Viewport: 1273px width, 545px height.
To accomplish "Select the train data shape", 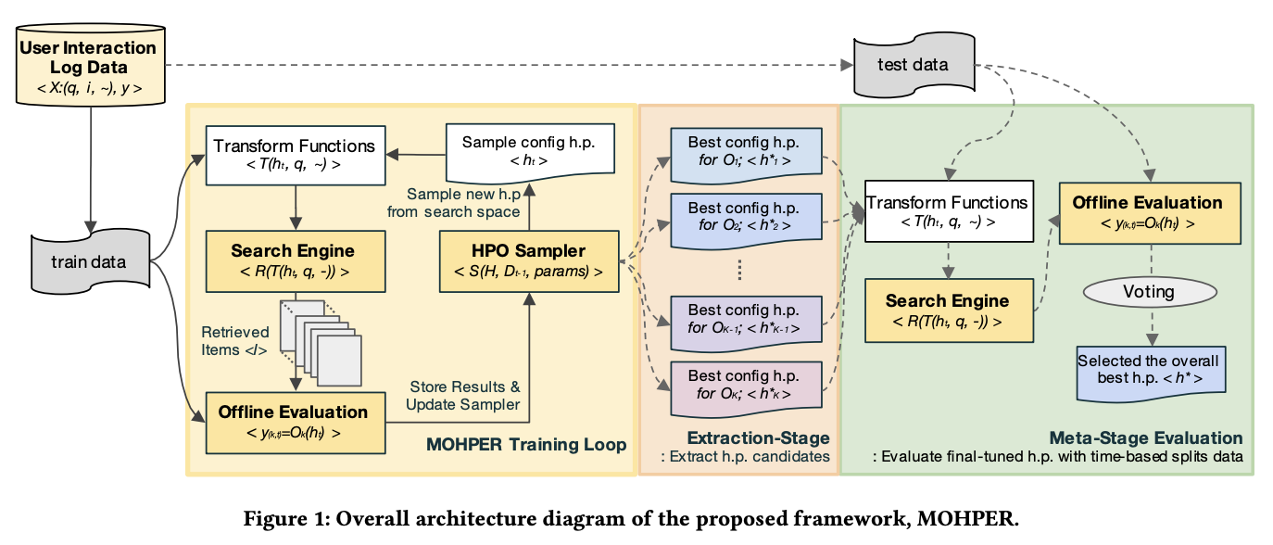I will tap(89, 261).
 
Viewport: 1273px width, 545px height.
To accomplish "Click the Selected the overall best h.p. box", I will tap(1149, 369).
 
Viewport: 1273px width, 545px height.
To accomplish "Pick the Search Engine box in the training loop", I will tap(294, 260).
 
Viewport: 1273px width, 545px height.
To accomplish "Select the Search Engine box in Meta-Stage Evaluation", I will tap(948, 311).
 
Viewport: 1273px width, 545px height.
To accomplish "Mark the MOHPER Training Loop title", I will tap(526, 446).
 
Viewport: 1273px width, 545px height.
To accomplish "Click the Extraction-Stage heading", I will tap(758, 437).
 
